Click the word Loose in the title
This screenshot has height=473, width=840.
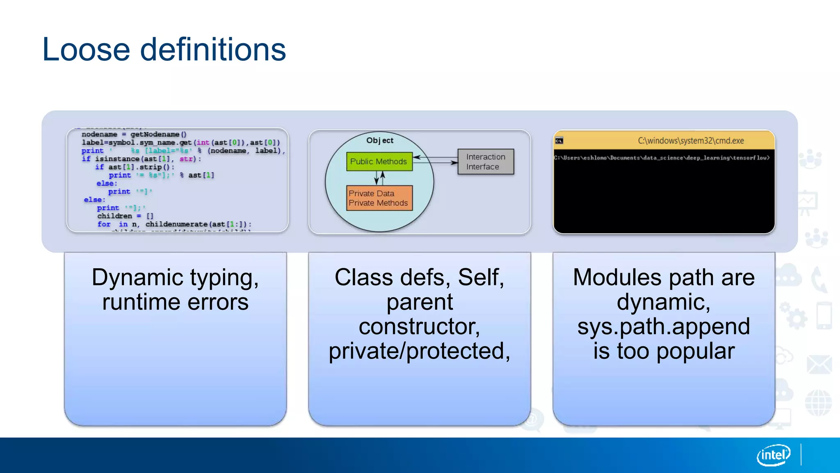tap(86, 50)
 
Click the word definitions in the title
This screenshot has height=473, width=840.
tap(213, 50)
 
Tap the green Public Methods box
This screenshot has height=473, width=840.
tap(379, 161)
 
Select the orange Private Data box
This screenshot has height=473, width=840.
tap(379, 198)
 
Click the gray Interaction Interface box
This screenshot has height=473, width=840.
tap(486, 162)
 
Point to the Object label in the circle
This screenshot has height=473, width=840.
tap(380, 140)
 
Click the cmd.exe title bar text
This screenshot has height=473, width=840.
tap(690, 141)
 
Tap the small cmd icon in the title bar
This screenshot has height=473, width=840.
tap(559, 141)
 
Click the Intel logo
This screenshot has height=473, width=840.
tap(773, 455)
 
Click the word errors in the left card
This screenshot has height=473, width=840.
tap(218, 303)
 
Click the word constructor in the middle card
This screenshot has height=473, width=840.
tap(419, 327)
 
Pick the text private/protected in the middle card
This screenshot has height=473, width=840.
tap(419, 351)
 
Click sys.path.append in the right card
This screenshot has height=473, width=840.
tap(663, 327)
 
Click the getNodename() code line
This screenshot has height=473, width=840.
tap(134, 134)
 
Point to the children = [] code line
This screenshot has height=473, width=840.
tap(125, 216)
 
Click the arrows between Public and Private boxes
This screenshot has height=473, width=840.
tap(379, 178)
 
